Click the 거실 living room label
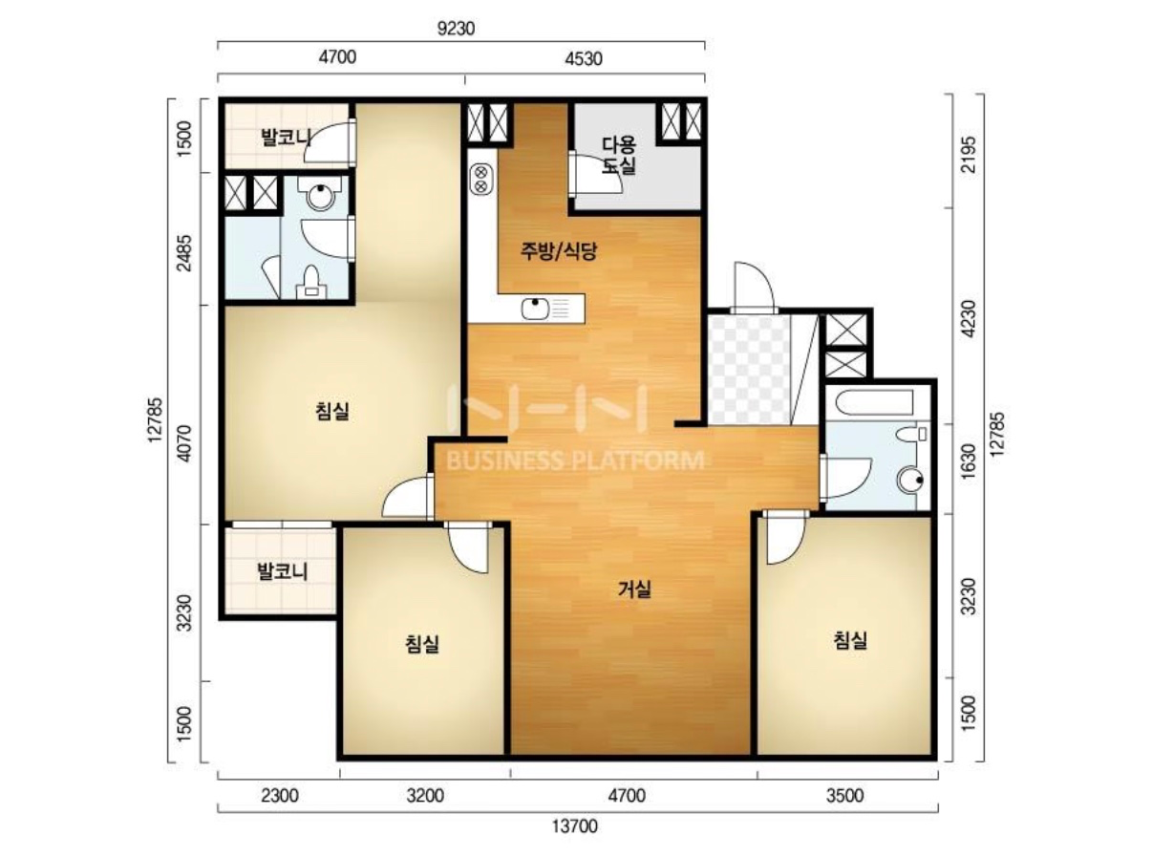(x=633, y=589)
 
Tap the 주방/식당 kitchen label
(x=559, y=251)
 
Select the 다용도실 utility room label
(x=619, y=156)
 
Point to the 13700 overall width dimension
(x=574, y=825)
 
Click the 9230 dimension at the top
(x=456, y=29)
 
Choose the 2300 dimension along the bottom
(x=280, y=796)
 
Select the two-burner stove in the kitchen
(x=481, y=179)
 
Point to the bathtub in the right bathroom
(x=871, y=402)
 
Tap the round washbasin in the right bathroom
(x=911, y=481)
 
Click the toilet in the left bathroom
(x=311, y=281)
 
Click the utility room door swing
(x=597, y=174)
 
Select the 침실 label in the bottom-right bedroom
(x=850, y=640)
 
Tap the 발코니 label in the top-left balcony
(x=286, y=138)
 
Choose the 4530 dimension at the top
(x=584, y=58)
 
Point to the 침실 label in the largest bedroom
(x=332, y=411)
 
